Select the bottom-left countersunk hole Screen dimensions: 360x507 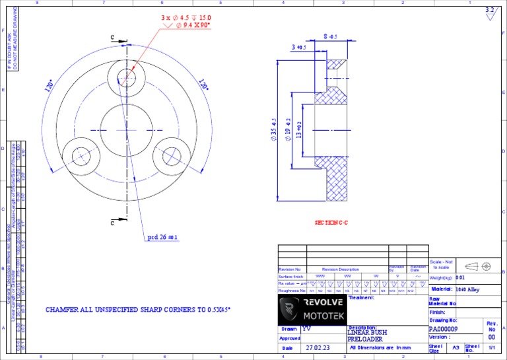click(82, 157)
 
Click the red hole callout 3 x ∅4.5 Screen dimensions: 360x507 click(186, 17)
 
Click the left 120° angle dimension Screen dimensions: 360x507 click(49, 86)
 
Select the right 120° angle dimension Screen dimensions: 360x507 click(204, 86)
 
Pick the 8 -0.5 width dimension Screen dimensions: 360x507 click(330, 36)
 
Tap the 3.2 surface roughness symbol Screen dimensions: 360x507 click(489, 13)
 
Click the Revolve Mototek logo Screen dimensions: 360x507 click(310, 308)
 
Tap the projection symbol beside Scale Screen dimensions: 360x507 click(477, 266)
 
